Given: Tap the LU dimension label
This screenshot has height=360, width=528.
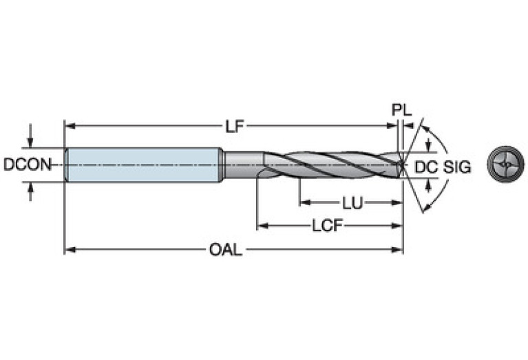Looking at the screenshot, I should pos(352,203).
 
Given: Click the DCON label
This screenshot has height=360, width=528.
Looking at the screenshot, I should pos(26,165).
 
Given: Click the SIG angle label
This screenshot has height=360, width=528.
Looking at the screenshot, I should pos(456,166).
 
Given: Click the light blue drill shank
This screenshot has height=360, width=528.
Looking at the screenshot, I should pos(141,165).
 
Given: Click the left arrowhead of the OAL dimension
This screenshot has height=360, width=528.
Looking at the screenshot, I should pos(69,250).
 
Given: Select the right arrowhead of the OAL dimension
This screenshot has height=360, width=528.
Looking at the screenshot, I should pos(398,250).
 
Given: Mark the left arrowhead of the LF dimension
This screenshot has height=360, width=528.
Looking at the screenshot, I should pos(69,126).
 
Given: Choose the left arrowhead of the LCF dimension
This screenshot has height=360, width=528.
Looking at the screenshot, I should pos(262,226).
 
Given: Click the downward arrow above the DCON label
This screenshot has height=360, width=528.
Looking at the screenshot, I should pos(30,142).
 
